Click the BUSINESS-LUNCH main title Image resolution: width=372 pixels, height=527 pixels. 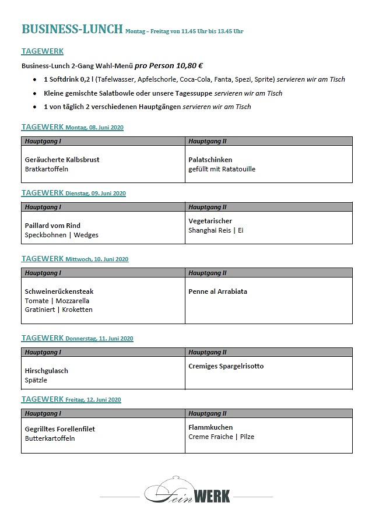(x=72, y=29)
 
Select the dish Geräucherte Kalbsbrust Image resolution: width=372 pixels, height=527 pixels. (x=62, y=160)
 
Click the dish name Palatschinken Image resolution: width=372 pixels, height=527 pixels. (x=210, y=160)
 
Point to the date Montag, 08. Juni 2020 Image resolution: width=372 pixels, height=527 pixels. (x=94, y=128)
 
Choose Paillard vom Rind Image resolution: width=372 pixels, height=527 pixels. (x=52, y=226)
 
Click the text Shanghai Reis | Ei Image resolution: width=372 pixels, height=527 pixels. (x=216, y=230)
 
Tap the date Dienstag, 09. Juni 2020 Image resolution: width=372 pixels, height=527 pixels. (x=96, y=194)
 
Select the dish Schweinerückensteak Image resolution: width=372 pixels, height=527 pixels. (x=59, y=291)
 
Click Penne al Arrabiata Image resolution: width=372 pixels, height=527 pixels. (x=217, y=291)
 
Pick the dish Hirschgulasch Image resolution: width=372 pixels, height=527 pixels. (x=47, y=371)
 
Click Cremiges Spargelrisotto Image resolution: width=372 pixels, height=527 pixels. (x=226, y=366)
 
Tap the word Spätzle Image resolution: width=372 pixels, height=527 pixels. (x=36, y=380)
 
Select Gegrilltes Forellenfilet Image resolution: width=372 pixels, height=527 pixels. (x=60, y=429)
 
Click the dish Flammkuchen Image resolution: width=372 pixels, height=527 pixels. (x=210, y=427)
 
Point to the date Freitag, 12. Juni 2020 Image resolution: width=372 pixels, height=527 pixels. (x=93, y=400)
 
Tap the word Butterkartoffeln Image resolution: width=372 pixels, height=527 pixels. (x=50, y=438)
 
